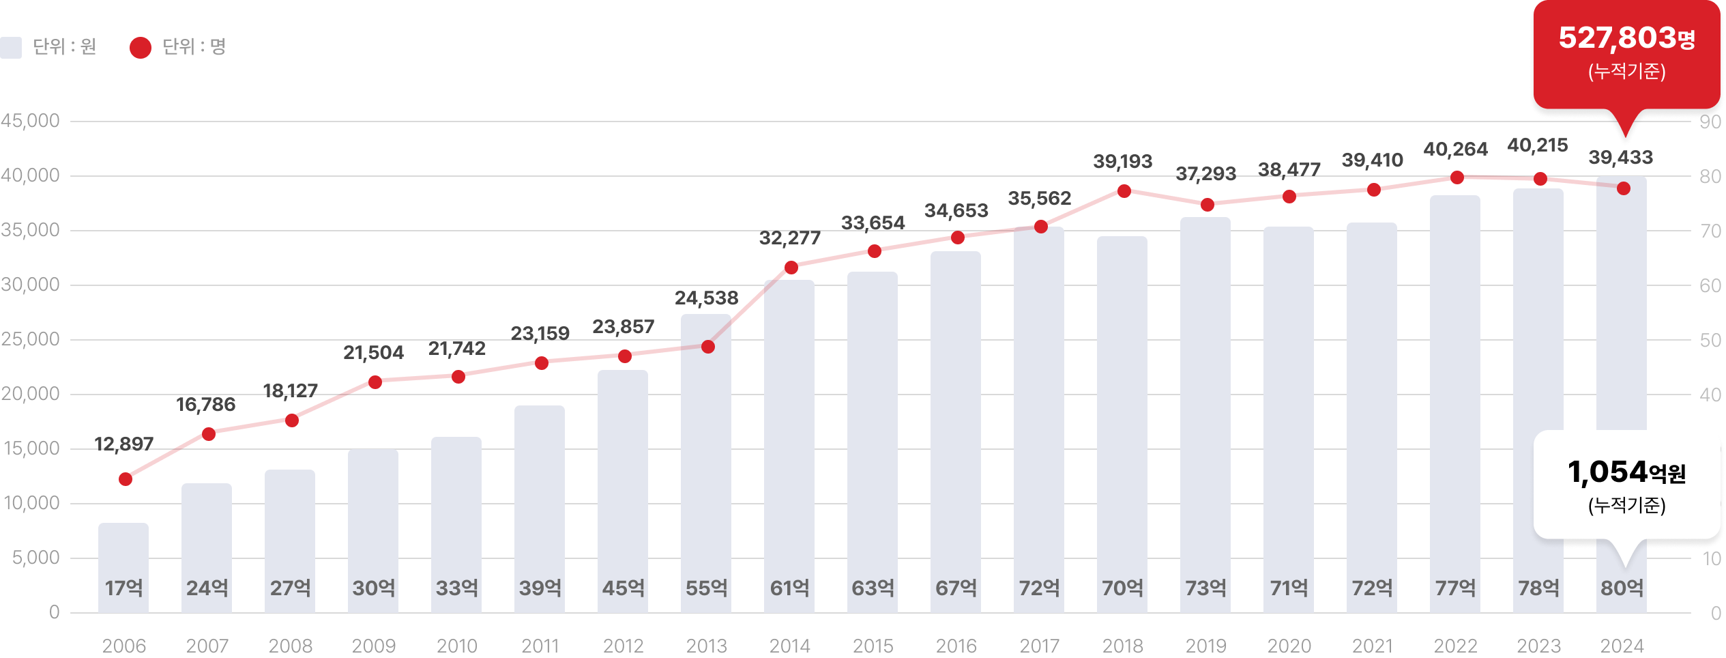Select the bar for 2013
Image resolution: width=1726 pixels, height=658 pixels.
tap(706, 464)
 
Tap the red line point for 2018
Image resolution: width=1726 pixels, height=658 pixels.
tap(1124, 191)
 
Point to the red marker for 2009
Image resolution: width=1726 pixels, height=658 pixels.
tap(375, 382)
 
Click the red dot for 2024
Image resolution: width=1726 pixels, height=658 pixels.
tap(1624, 188)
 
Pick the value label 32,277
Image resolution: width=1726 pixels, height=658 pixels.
tap(790, 238)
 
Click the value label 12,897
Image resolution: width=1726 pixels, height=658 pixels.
tap(124, 444)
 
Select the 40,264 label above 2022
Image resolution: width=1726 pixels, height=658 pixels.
tap(1455, 149)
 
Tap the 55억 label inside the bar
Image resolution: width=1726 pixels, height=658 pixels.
tap(706, 588)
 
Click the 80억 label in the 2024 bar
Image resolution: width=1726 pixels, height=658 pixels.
tap(1622, 588)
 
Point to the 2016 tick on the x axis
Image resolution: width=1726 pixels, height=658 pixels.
tap(956, 646)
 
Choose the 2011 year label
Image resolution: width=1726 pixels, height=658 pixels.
tap(540, 646)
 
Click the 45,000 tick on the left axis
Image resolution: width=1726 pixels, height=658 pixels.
tap(31, 121)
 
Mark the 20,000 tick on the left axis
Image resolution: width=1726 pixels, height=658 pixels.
tap(31, 394)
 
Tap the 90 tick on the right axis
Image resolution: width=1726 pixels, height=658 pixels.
tap(1710, 122)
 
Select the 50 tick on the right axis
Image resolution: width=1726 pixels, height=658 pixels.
tap(1710, 340)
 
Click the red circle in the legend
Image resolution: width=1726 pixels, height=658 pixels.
tap(141, 47)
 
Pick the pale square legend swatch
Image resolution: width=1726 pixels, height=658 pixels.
tap(11, 47)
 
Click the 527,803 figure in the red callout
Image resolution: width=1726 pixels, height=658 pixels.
tap(1617, 38)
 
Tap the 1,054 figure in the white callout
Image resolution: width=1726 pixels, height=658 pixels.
tap(1607, 472)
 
